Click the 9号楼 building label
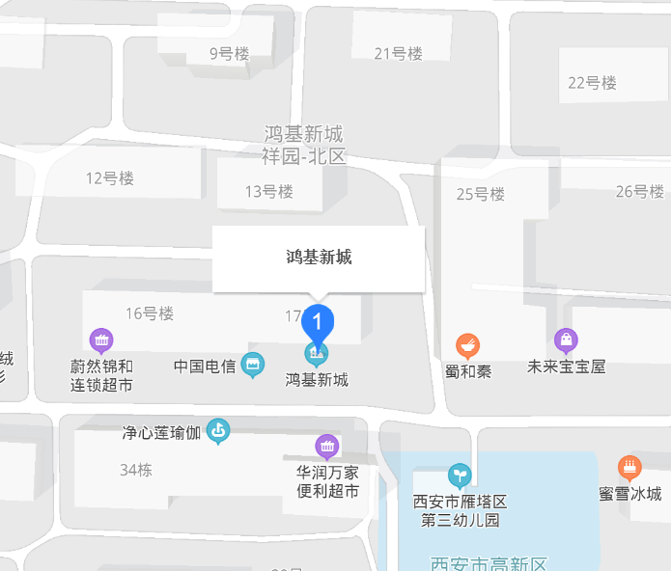[x=230, y=54]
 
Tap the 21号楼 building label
[x=398, y=53]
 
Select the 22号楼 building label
[x=592, y=82]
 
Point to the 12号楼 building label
[x=109, y=177]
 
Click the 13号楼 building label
[x=268, y=191]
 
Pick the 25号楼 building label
[x=480, y=194]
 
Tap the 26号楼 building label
[x=639, y=191]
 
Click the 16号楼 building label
[x=149, y=313]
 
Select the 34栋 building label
[x=136, y=470]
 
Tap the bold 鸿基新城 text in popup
[x=319, y=257]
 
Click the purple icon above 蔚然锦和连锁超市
[x=101, y=340]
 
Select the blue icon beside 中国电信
[x=253, y=365]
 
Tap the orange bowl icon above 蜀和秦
[x=468, y=344]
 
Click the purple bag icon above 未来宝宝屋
[x=566, y=340]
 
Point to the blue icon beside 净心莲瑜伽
[x=219, y=430]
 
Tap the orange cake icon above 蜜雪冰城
[x=629, y=468]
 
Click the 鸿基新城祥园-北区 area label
[x=303, y=145]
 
